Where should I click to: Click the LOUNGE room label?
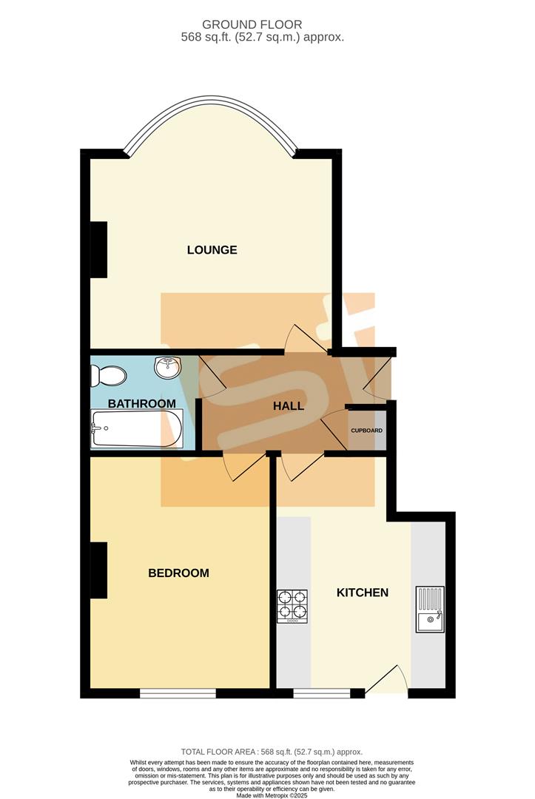(x=212, y=250)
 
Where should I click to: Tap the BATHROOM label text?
(x=142, y=404)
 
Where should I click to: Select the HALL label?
(x=289, y=406)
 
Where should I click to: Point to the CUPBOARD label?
(x=366, y=431)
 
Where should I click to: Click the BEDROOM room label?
(x=178, y=573)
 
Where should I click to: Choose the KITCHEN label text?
(x=363, y=593)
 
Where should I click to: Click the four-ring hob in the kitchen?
(x=292, y=606)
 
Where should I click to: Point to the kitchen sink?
(x=429, y=610)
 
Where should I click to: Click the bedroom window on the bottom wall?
(x=178, y=693)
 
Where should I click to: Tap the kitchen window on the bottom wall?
(x=322, y=693)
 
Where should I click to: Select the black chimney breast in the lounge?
(x=98, y=249)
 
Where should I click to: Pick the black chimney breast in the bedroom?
(x=98, y=570)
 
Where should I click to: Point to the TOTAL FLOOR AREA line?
(x=267, y=752)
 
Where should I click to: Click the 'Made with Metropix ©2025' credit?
(x=267, y=795)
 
